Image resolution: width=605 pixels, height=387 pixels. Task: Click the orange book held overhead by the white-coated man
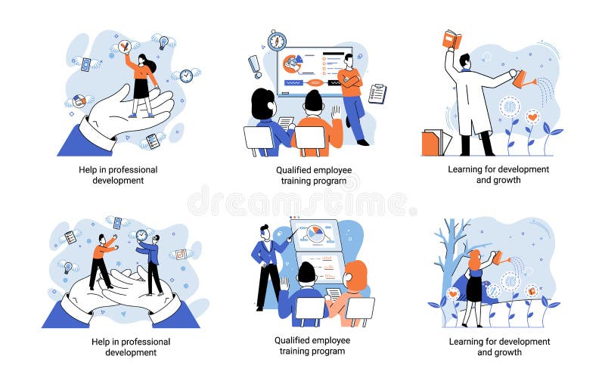451,39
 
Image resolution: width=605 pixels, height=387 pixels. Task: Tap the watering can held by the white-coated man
523,78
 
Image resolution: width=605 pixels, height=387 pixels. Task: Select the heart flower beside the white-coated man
532,117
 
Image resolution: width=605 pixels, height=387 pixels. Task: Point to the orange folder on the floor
431,143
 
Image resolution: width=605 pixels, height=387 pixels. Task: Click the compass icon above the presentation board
277,40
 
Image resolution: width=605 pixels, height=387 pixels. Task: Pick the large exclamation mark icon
255,66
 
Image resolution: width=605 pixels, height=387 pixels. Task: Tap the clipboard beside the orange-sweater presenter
377,94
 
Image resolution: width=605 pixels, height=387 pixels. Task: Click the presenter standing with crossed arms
351,94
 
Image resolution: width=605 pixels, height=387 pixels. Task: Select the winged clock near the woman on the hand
185,76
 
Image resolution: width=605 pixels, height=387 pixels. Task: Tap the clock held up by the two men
141,235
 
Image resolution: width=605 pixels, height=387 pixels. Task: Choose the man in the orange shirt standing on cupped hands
102,261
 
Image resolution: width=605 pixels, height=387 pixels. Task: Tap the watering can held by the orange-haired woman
501,258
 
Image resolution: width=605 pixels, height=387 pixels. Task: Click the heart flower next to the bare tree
453,293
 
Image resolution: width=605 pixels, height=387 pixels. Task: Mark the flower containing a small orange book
532,291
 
